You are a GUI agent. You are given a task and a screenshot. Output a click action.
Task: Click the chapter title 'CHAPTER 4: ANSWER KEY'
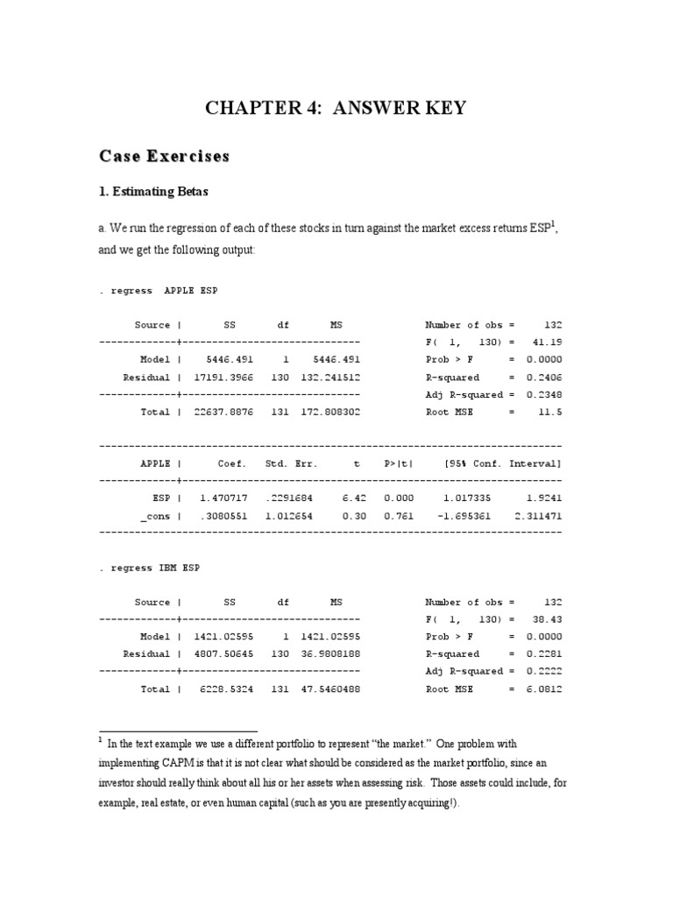(336, 109)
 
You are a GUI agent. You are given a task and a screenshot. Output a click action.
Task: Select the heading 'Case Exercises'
(164, 157)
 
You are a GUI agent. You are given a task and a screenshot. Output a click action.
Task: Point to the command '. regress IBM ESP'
(150, 568)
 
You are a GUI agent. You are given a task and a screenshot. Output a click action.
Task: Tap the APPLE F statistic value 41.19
(548, 343)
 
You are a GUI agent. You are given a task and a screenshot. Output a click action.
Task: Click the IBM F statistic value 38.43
(548, 619)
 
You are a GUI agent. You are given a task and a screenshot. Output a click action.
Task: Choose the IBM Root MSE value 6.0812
(542, 689)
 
